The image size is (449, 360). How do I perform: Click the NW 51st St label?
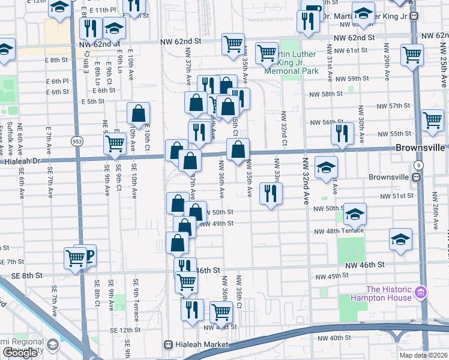pos(396,196)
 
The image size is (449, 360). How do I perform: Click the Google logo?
pos(20,353)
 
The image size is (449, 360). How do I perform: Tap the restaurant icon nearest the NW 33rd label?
pos(271,194)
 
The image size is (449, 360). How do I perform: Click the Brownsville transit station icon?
pos(415,178)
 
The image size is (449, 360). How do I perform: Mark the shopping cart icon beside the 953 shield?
pos(113,143)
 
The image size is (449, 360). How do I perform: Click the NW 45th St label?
pos(334,276)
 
